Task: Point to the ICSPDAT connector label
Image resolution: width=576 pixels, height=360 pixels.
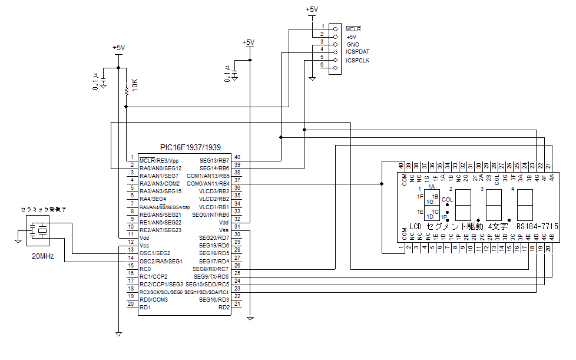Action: tap(357, 52)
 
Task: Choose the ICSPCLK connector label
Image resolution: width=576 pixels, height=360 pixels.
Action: tap(357, 60)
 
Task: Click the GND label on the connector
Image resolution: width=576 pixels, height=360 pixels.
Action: tap(353, 44)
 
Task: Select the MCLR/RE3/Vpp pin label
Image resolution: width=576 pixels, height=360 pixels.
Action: tap(159, 160)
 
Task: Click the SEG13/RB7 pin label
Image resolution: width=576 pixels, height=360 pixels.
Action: tap(214, 160)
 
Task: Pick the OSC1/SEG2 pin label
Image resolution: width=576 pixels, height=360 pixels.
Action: tap(155, 253)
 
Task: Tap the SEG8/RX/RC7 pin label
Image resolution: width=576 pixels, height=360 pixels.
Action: tap(211, 269)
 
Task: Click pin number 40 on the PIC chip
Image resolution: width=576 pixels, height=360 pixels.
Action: tap(237, 157)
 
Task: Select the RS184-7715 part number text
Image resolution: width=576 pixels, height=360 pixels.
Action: tap(537, 226)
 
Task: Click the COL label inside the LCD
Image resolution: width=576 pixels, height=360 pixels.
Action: tap(448, 199)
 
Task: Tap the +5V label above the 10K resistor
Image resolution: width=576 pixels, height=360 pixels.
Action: tap(118, 48)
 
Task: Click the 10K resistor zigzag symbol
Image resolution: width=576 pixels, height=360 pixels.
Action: tap(126, 90)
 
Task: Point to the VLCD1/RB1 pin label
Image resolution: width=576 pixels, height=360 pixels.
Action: tap(214, 207)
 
